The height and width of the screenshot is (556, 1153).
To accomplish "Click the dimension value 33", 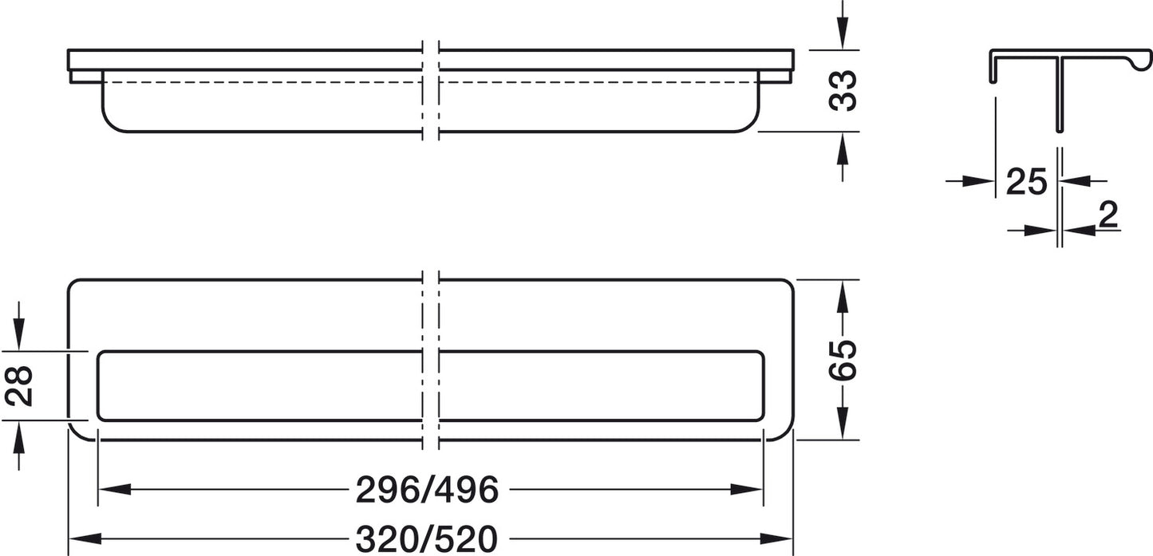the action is pyautogui.click(x=843, y=91).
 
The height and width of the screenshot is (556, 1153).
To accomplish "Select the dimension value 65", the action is pyautogui.click(x=843, y=360).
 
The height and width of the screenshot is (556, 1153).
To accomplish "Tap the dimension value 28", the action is pyautogui.click(x=19, y=385).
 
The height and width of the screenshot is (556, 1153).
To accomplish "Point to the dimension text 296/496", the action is pyautogui.click(x=427, y=490).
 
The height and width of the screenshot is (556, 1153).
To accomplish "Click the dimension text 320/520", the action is pyautogui.click(x=427, y=539).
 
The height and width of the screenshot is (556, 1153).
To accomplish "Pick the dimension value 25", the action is pyautogui.click(x=1026, y=182).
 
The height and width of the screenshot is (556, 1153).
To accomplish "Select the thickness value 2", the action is pyautogui.click(x=1108, y=215).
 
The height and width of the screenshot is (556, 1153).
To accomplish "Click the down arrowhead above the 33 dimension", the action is pyautogui.click(x=842, y=34).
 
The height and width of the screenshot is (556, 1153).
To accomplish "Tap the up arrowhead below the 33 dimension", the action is pyautogui.click(x=842, y=148).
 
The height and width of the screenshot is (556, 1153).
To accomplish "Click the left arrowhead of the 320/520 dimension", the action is pyautogui.click(x=85, y=539).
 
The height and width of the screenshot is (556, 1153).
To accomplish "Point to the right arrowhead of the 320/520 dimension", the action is pyautogui.click(x=776, y=539).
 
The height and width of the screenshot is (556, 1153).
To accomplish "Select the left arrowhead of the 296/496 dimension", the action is pyautogui.click(x=114, y=489).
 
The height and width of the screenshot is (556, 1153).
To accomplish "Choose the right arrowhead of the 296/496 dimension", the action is pyautogui.click(x=746, y=489).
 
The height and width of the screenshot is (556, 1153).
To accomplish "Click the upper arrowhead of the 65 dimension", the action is pyautogui.click(x=842, y=297).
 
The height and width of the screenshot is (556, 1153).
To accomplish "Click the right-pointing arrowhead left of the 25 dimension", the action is pyautogui.click(x=977, y=181).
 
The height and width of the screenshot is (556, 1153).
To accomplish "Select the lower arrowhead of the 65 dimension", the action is pyautogui.click(x=842, y=423).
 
